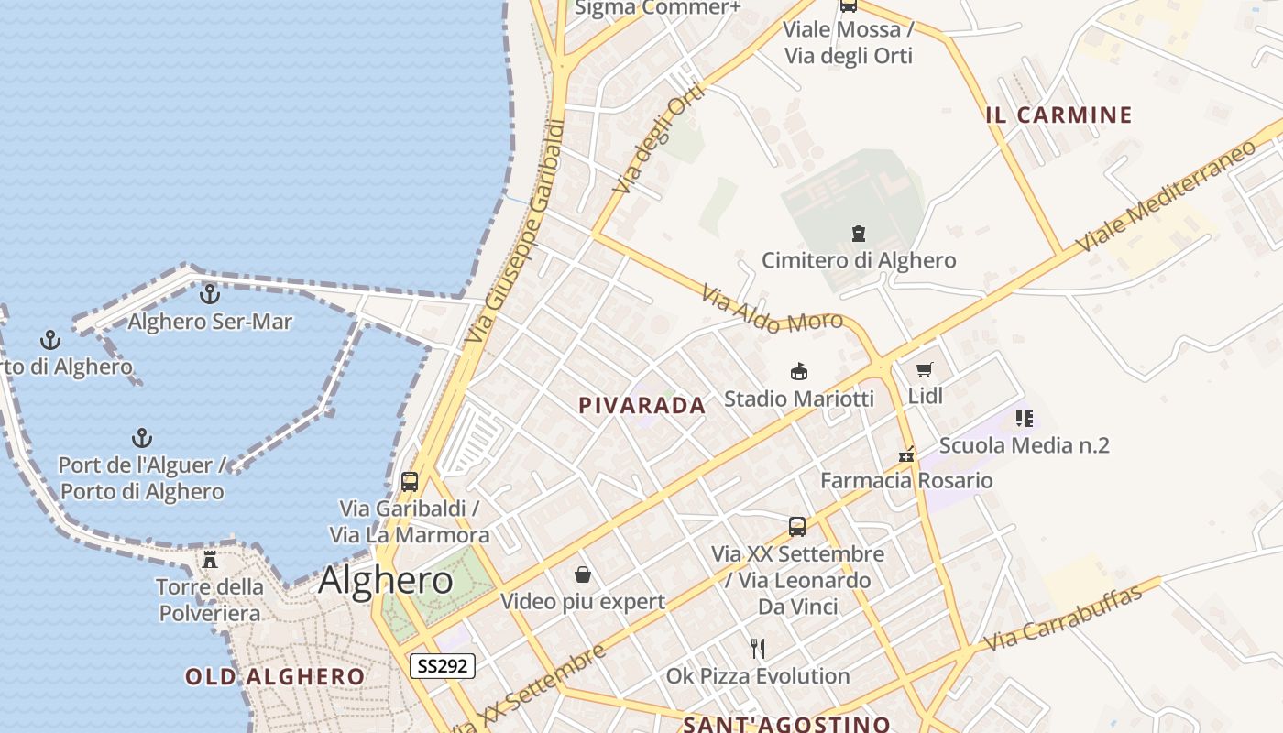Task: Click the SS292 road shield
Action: click(x=442, y=666)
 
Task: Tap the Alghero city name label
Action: click(x=385, y=580)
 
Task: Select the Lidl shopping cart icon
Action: click(x=925, y=370)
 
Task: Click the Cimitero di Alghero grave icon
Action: click(x=859, y=234)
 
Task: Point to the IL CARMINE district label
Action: click(x=1058, y=115)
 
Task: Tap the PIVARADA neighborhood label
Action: click(x=642, y=406)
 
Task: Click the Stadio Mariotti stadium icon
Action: click(x=799, y=371)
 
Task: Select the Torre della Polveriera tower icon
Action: click(x=210, y=559)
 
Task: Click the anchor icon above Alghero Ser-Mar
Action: click(x=210, y=294)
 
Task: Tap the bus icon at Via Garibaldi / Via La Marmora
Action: click(x=410, y=481)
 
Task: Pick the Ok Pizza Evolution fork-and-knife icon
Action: click(x=758, y=649)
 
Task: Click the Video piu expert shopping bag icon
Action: click(x=583, y=574)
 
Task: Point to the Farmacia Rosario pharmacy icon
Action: click(x=906, y=454)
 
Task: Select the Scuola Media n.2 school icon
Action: click(x=1024, y=419)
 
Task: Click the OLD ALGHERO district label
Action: click(x=275, y=677)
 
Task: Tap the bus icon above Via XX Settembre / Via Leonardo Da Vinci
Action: click(x=797, y=527)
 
